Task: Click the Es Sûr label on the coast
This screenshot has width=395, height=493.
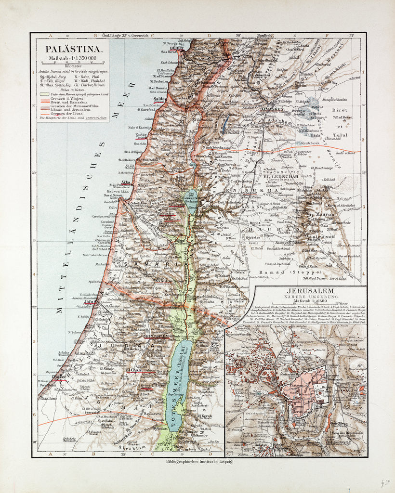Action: pyautogui.click(x=141, y=135)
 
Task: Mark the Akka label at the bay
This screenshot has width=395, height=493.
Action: pyautogui.click(x=127, y=182)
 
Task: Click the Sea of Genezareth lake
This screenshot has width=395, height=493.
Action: pyautogui.click(x=190, y=202)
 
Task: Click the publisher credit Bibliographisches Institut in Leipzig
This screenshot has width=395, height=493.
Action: pyautogui.click(x=199, y=461)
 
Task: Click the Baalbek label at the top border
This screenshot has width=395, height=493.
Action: pyautogui.click(x=254, y=36)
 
